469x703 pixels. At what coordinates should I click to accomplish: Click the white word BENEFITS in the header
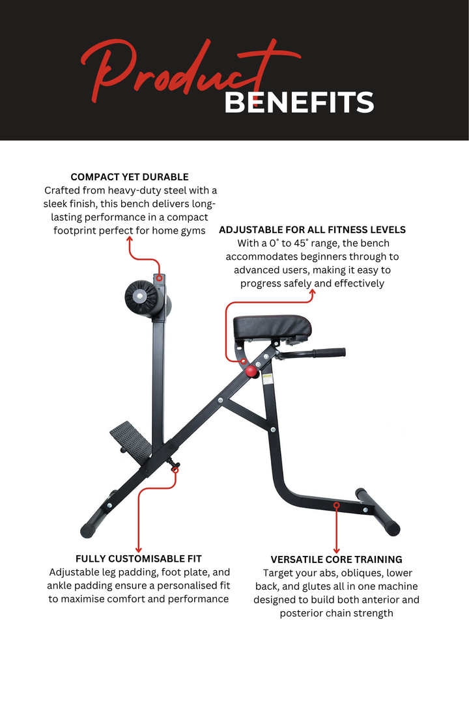(x=299, y=102)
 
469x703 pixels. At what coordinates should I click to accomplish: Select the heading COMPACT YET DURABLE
(x=130, y=176)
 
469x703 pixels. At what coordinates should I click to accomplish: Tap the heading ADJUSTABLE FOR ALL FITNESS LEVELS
(x=312, y=230)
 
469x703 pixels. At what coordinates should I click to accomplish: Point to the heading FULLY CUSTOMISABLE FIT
(x=139, y=558)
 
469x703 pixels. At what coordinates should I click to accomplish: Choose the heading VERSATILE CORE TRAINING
(x=336, y=559)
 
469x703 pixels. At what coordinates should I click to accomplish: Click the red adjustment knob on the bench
(x=251, y=371)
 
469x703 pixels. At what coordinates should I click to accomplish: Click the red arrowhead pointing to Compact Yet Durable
(x=130, y=240)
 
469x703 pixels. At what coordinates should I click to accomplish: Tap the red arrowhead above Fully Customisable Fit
(x=139, y=549)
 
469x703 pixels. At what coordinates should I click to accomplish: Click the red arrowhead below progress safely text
(x=312, y=294)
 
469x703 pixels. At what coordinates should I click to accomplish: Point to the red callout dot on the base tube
(x=336, y=504)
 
